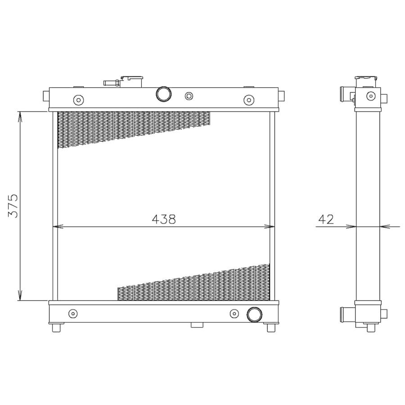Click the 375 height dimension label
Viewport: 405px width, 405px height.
(13, 205)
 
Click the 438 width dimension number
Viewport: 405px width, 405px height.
(164, 219)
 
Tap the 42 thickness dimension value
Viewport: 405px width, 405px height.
(326, 219)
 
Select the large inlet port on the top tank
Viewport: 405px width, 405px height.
(163, 94)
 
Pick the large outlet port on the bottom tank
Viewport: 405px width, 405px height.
(254, 315)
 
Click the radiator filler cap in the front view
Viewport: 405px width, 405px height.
(132, 81)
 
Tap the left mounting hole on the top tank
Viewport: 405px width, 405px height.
(78, 100)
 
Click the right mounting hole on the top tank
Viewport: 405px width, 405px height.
(249, 100)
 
